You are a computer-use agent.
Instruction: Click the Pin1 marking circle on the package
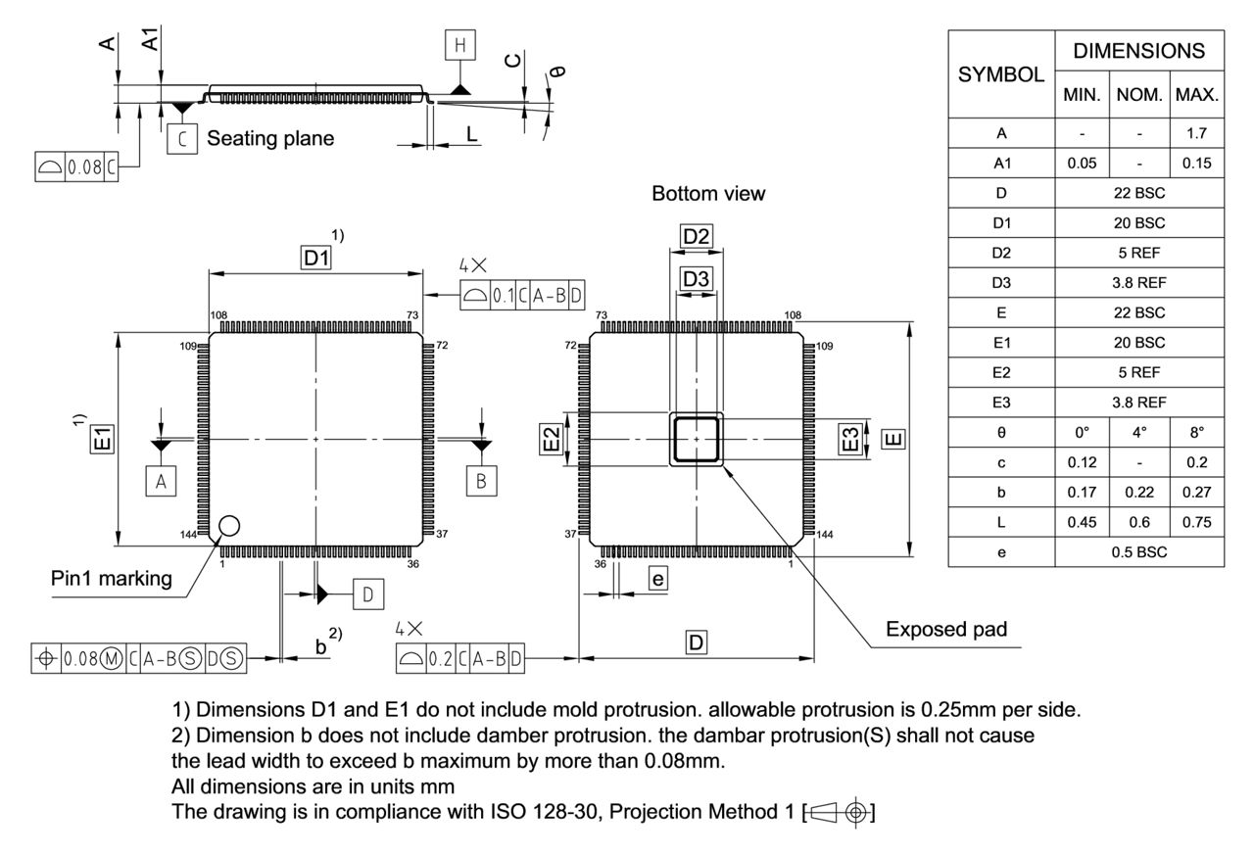[x=228, y=526]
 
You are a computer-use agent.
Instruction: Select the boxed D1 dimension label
[x=316, y=258]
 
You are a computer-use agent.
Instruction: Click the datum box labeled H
[x=459, y=45]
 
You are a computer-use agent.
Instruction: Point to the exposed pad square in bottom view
[x=697, y=438]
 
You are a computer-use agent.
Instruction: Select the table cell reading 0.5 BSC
[x=1138, y=551]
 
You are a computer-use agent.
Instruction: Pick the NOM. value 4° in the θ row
[x=1138, y=431]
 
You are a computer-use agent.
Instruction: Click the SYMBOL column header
[x=1000, y=74]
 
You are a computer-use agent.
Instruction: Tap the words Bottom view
[x=708, y=194]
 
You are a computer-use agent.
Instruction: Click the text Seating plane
[x=269, y=138]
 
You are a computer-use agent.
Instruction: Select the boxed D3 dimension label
[x=697, y=279]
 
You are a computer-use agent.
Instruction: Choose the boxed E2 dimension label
[x=554, y=440]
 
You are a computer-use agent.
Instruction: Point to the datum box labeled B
[x=481, y=481]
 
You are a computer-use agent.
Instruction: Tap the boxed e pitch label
[x=658, y=580]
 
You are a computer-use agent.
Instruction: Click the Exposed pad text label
[x=945, y=630]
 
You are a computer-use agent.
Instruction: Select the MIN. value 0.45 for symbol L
[x=1082, y=522]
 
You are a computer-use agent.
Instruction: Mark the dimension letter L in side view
[x=472, y=134]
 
